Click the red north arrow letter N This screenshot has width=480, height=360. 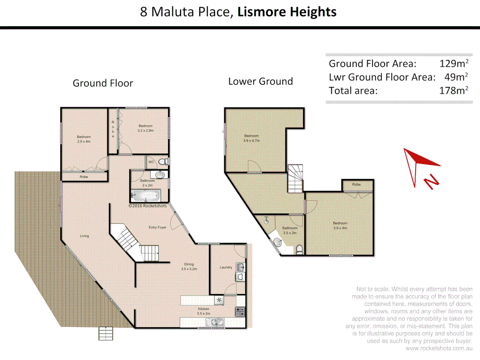431,182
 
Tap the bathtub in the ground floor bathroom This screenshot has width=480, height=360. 146,195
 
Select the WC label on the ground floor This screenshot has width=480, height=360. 151,162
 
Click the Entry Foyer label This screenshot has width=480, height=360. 157,227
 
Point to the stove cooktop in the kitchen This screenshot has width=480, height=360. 240,312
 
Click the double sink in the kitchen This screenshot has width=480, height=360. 215,322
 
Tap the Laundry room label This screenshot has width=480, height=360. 226,267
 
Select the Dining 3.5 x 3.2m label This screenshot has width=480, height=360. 189,266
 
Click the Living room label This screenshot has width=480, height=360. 84,236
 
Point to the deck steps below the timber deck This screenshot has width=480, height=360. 106,333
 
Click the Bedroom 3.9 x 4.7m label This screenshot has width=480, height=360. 251,138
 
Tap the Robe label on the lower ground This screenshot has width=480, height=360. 356,184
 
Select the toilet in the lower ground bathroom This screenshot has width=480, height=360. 300,249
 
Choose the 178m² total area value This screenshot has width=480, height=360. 454,91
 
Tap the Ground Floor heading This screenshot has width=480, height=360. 103,83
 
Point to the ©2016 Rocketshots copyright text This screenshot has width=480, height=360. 148,206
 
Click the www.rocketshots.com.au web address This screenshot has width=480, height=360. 439,348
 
